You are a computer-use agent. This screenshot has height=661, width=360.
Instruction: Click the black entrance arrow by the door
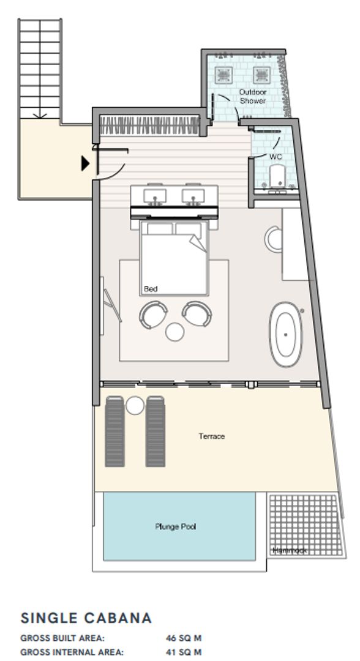coord(86,163)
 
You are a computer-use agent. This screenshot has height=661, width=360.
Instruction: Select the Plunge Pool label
coord(175,526)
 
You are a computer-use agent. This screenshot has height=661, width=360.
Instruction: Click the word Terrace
coord(211,436)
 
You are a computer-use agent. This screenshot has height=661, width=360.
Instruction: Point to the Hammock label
coord(289,551)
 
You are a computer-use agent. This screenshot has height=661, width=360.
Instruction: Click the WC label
coord(276,157)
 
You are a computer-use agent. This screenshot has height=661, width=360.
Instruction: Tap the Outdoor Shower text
coord(253,96)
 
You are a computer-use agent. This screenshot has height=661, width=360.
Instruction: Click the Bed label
coord(150,288)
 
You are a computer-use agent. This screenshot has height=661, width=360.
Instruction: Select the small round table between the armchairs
coord(176,331)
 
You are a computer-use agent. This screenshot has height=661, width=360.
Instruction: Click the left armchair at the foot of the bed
coord(153,315)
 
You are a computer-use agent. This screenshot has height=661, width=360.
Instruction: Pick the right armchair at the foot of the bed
coord(197,314)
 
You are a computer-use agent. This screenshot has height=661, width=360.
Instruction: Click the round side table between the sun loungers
coord(135,405)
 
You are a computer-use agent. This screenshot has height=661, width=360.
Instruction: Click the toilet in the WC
coord(277,177)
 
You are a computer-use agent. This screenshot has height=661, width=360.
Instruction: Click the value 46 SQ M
coord(184,638)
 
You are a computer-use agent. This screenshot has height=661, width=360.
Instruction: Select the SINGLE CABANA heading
coord(86,618)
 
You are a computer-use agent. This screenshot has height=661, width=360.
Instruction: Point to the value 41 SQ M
coord(184,652)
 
